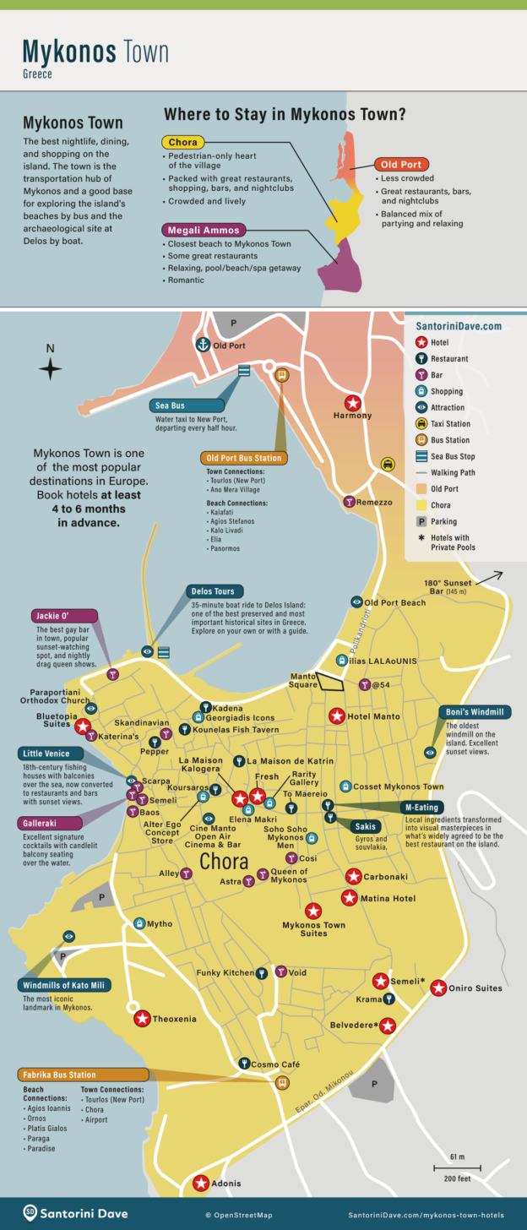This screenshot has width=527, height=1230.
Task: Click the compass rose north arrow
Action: pos(50,368)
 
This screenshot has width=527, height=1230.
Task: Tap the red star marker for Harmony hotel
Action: pos(353,403)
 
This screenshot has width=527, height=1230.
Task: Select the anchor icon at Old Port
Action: pos(203,345)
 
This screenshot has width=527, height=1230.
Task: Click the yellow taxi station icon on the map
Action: pos(387,464)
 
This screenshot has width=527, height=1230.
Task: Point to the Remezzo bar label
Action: pos(374,502)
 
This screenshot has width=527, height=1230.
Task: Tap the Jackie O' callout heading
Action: pos(63,615)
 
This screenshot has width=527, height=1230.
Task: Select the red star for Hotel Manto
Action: pos(335,716)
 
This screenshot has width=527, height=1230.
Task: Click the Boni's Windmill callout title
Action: pos(472,712)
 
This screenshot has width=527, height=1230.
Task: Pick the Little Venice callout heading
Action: pos(51,753)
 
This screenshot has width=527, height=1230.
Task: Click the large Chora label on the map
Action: pos(224,862)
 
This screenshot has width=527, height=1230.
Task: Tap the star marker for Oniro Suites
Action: pos(438,988)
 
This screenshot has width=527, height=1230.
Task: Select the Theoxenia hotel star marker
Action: pos(142,1019)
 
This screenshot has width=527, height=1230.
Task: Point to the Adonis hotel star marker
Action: pos(201,1184)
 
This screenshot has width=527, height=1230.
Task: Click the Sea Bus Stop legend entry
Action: pos(453,456)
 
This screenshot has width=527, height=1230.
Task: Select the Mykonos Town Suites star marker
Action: pos(313,911)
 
